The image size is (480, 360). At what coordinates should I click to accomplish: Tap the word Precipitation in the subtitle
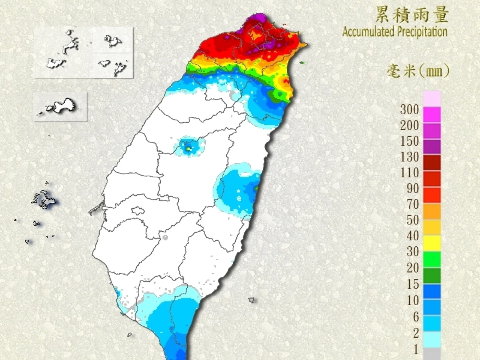[421, 32]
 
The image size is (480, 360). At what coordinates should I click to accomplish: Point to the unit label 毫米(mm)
[418, 71]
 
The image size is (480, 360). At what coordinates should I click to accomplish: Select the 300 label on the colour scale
[410, 109]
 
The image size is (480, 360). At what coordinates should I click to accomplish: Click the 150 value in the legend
[410, 141]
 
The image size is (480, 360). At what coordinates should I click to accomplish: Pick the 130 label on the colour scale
[410, 157]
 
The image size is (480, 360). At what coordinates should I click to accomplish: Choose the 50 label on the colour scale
[413, 220]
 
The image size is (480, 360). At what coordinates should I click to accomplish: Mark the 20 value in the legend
[413, 268]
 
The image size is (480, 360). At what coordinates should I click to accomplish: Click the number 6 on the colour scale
[416, 317]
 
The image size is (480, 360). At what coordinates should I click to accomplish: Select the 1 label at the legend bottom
[416, 350]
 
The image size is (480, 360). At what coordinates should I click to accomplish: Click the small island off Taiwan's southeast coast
[252, 300]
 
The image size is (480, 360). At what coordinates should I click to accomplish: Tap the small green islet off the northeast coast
[302, 62]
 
